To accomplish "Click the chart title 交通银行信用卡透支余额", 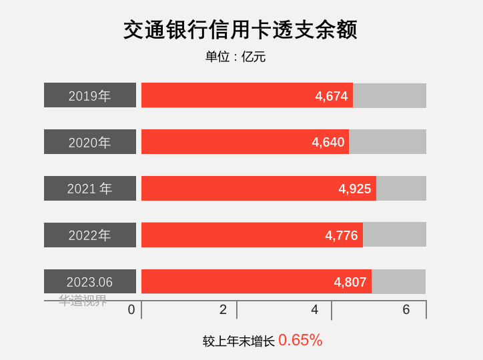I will (240, 30).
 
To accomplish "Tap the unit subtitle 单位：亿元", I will (235, 57).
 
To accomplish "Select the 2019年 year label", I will (90, 95).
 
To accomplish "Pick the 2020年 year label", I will (90, 142).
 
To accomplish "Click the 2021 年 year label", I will (90, 189).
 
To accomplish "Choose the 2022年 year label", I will (90, 235).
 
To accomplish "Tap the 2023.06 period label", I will (90, 282).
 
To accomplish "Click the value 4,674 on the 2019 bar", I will (332, 96).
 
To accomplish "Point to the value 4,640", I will (328, 142).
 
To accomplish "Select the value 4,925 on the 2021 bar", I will (355, 189).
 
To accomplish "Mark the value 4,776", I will (342, 235).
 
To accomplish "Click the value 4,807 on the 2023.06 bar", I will (350, 282).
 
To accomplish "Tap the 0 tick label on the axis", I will (131, 309).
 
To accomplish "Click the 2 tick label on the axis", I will (223, 309).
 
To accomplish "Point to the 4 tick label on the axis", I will (315, 309).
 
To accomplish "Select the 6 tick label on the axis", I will (406, 309).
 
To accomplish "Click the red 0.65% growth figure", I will (300, 340).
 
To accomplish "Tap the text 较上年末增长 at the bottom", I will (239, 341).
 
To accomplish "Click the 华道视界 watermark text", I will (83, 301).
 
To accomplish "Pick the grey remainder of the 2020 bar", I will (388, 142).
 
